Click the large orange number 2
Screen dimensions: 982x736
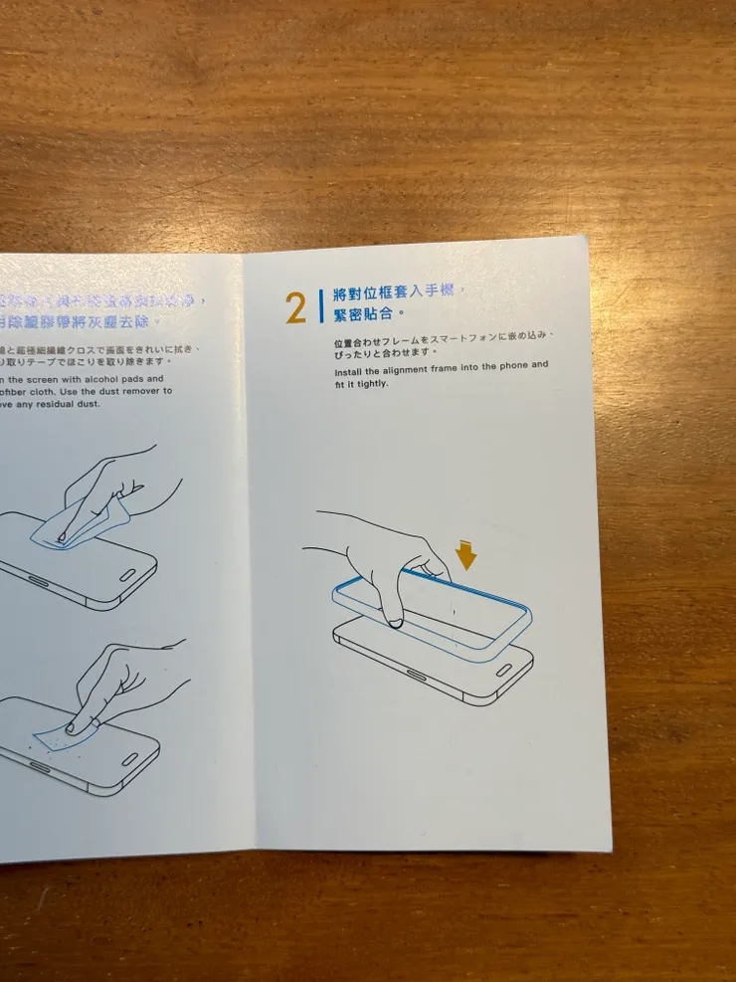tap(295, 308)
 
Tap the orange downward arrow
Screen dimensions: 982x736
tap(465, 553)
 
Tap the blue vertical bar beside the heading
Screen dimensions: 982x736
tap(320, 304)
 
